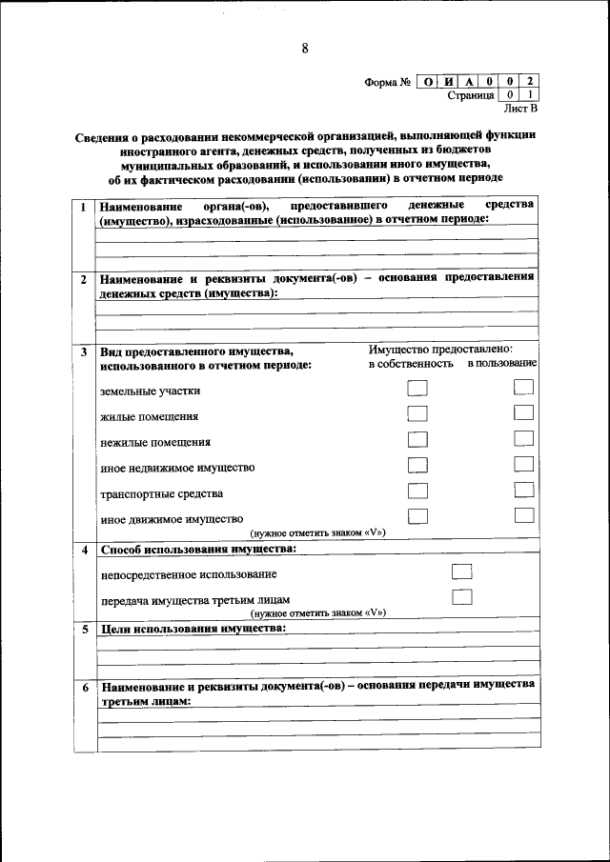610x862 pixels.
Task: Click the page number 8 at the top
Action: pyautogui.click(x=305, y=49)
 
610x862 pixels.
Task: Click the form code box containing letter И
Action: pyautogui.click(x=448, y=82)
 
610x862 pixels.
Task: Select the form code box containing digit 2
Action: pyautogui.click(x=529, y=82)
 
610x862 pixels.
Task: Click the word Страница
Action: pyautogui.click(x=470, y=96)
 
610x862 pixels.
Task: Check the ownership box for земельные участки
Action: pyautogui.click(x=417, y=388)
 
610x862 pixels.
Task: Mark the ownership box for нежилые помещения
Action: pyautogui.click(x=417, y=439)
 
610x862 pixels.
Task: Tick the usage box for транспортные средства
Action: pyautogui.click(x=523, y=490)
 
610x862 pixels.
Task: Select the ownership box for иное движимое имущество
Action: pyautogui.click(x=417, y=515)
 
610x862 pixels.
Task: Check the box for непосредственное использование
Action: pyautogui.click(x=462, y=571)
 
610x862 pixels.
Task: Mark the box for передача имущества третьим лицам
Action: pyautogui.click(x=462, y=597)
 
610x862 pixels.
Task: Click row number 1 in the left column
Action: pyautogui.click(x=83, y=207)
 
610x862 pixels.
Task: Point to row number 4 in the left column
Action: pyautogui.click(x=83, y=551)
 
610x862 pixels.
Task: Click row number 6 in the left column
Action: pyautogui.click(x=83, y=687)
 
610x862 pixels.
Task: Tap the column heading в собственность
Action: pyautogui.click(x=411, y=364)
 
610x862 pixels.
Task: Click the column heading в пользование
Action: pyautogui.click(x=501, y=364)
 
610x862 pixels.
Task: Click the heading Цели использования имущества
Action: pyautogui.click(x=193, y=630)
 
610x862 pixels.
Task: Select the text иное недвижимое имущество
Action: pyautogui.click(x=177, y=468)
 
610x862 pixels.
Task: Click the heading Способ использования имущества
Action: pyautogui.click(x=198, y=550)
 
